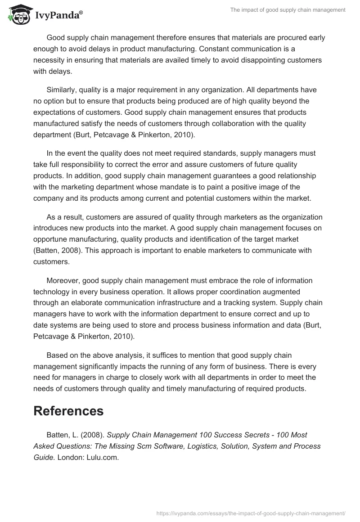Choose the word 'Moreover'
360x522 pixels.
[62, 280]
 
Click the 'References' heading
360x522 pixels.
[68, 411]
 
